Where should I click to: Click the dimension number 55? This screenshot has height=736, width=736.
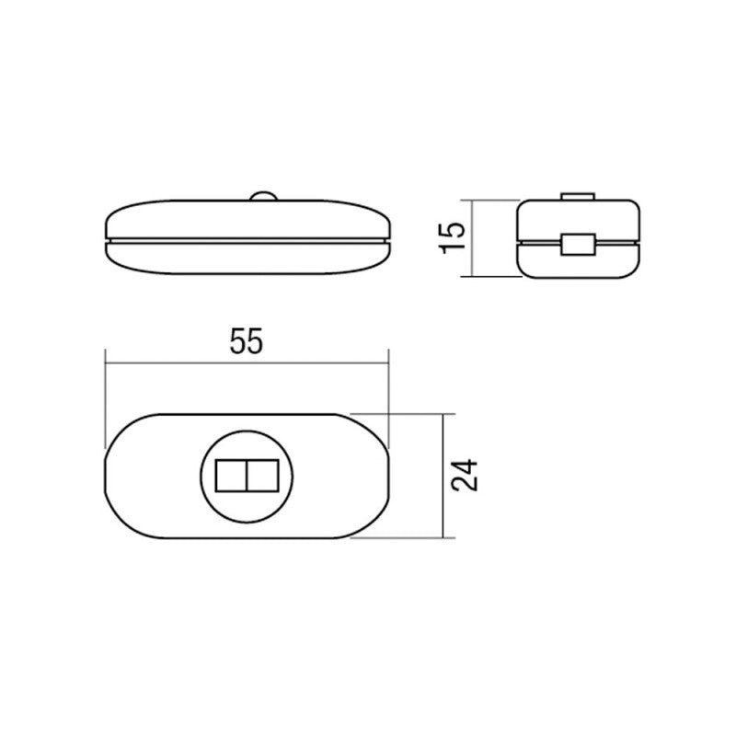tap(246, 342)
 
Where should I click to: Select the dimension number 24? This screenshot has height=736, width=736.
tap(466, 476)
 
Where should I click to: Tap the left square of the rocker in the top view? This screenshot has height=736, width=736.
tap(230, 475)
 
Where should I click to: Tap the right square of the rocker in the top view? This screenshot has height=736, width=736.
tap(263, 475)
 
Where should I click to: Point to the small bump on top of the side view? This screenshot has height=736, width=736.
tap(262, 196)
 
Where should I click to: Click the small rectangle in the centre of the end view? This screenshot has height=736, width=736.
tap(578, 244)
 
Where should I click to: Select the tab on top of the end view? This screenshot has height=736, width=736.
tap(578, 196)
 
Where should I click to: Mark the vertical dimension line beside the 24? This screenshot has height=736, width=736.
tap(446, 515)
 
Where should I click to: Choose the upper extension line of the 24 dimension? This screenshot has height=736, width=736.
tap(405, 413)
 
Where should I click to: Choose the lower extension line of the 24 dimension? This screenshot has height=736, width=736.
tap(405, 538)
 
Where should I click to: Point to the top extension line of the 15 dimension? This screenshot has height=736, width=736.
tap(492, 200)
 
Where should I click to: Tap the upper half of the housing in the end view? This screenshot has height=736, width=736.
tap(543, 219)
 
